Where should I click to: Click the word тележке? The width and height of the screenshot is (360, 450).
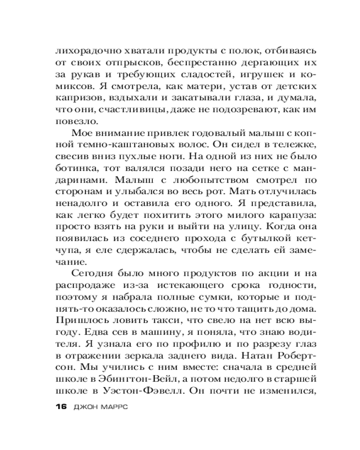292,147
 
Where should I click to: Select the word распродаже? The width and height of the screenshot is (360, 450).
84,288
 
